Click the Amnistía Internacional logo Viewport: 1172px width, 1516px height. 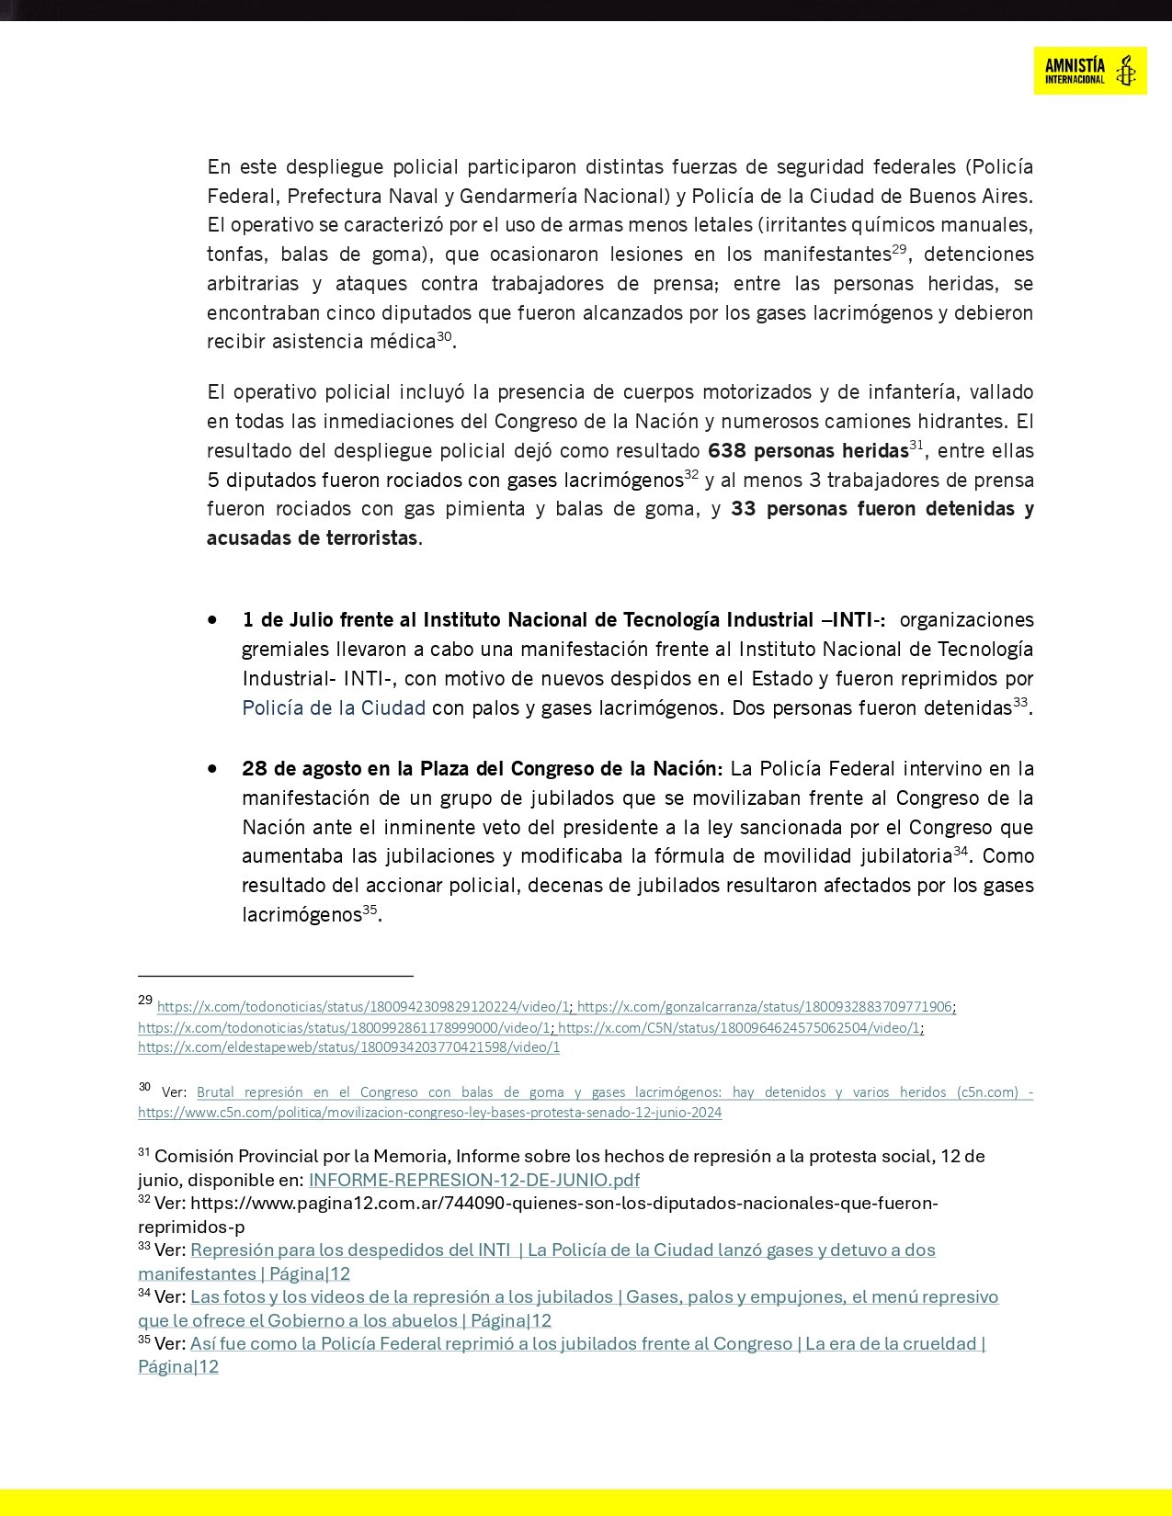click(x=1089, y=71)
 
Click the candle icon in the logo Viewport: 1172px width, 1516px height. click(x=1125, y=71)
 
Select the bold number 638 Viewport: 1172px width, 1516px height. click(x=726, y=451)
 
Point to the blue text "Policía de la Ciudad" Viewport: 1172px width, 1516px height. click(x=334, y=708)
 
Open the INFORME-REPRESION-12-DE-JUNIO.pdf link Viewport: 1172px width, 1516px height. click(x=473, y=1181)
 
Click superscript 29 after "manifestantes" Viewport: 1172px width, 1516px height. click(x=899, y=248)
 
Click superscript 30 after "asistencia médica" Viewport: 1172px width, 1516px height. click(x=444, y=336)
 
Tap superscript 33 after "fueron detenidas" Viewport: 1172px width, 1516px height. click(x=1019, y=703)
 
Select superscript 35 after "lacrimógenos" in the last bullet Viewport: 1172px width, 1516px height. click(x=370, y=910)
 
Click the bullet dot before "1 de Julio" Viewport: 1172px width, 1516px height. click(x=213, y=620)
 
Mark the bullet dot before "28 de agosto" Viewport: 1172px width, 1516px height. click(x=213, y=768)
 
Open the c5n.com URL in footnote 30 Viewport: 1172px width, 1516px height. click(x=429, y=1113)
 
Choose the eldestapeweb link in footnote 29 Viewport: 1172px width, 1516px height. click(x=348, y=1047)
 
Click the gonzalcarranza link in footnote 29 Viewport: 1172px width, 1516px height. click(x=765, y=1007)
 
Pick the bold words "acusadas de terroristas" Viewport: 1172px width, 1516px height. click(x=312, y=538)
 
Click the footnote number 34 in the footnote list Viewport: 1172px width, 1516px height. click(x=144, y=1294)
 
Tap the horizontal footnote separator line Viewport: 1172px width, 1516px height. click(x=275, y=976)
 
